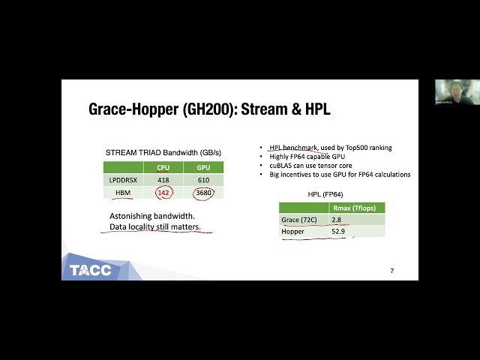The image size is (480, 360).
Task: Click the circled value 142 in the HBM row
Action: pyautogui.click(x=163, y=192)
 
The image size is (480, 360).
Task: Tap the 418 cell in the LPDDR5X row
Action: pyautogui.click(x=163, y=180)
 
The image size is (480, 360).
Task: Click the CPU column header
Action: pyautogui.click(x=163, y=168)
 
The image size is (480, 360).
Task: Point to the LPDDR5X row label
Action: pyautogui.click(x=122, y=180)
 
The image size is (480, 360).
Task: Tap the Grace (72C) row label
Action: pyautogui.click(x=298, y=220)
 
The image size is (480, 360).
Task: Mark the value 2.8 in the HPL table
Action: pyautogui.click(x=337, y=220)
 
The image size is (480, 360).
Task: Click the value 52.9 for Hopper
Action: pyautogui.click(x=339, y=232)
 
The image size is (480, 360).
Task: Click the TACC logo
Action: pyautogui.click(x=91, y=269)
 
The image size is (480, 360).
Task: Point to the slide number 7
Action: pyautogui.click(x=391, y=270)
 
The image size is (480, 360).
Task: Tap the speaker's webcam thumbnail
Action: pyautogui.click(x=448, y=93)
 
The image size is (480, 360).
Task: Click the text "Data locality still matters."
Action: pyautogui.click(x=155, y=226)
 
